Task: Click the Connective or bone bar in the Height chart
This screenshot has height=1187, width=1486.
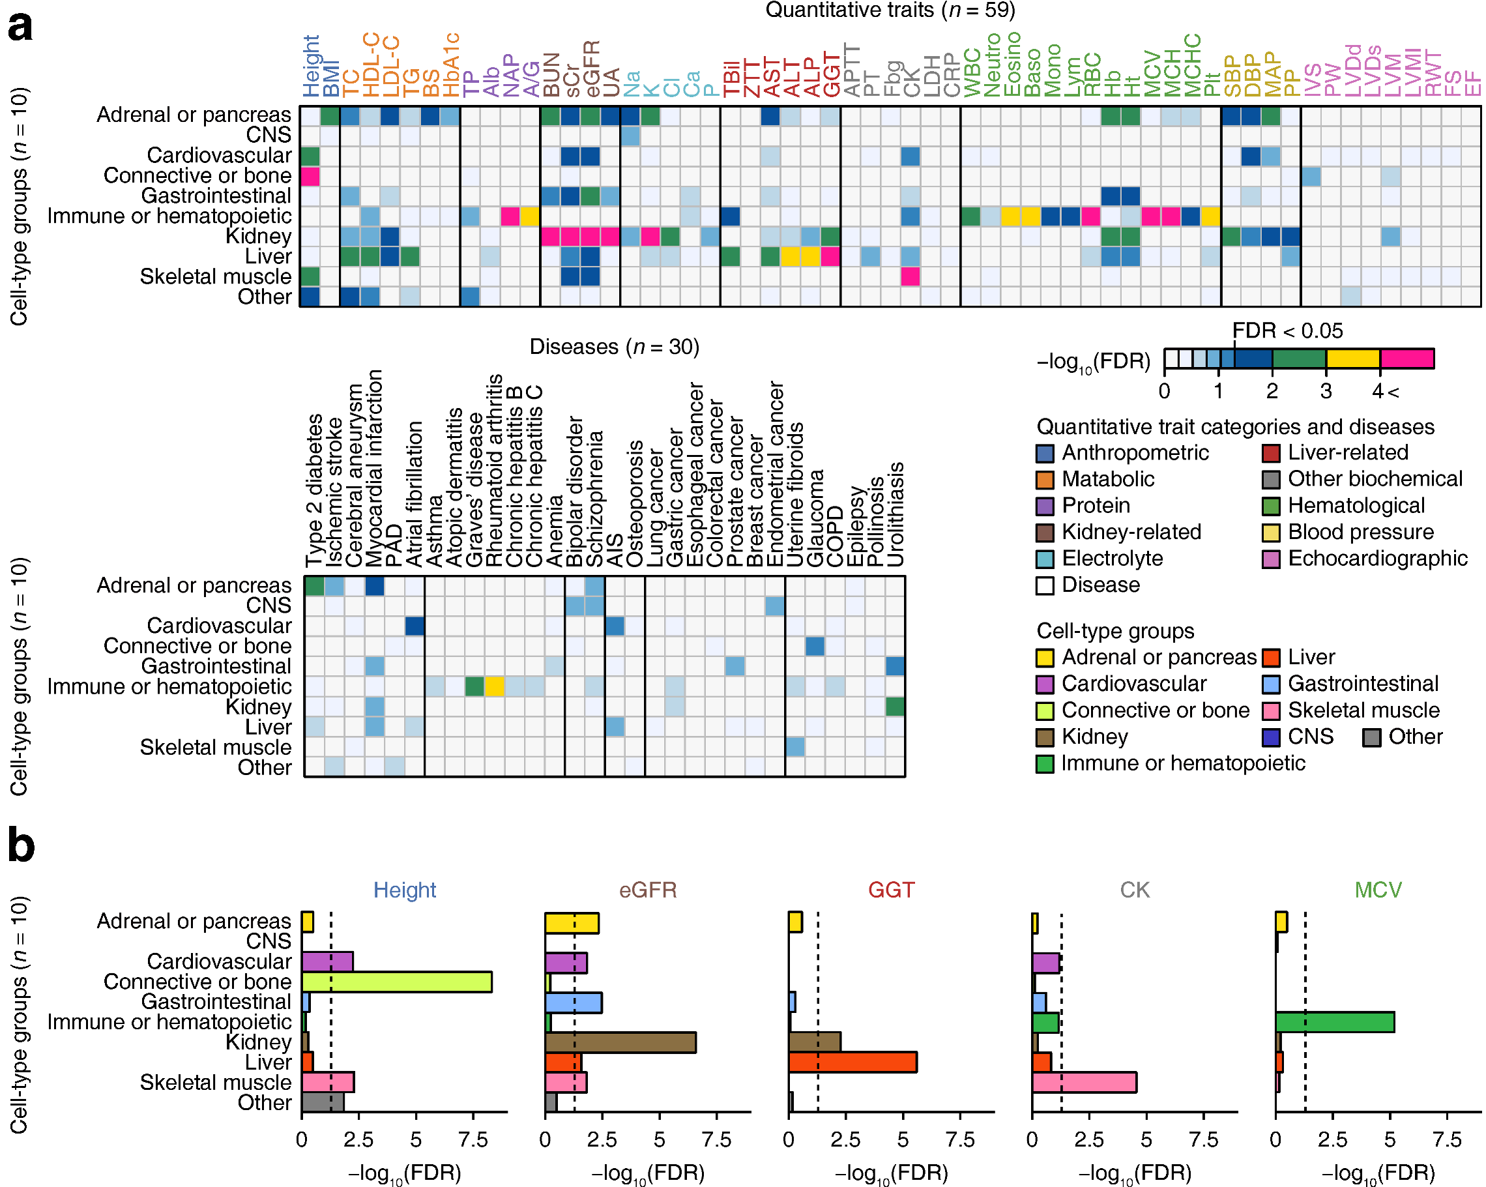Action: pyautogui.click(x=396, y=982)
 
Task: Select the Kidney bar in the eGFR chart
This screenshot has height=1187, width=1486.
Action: pyautogui.click(x=620, y=1042)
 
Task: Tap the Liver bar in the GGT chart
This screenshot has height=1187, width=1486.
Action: pyautogui.click(x=852, y=1062)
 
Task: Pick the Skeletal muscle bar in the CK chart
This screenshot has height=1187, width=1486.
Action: pyautogui.click(x=1084, y=1082)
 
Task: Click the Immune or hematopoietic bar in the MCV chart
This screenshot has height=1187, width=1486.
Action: pyautogui.click(x=1335, y=1021)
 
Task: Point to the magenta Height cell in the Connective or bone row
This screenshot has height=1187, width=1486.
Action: pyautogui.click(x=310, y=176)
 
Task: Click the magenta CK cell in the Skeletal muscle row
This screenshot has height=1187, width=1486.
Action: pyautogui.click(x=911, y=276)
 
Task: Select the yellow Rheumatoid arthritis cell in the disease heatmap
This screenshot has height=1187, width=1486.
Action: pyautogui.click(x=494, y=686)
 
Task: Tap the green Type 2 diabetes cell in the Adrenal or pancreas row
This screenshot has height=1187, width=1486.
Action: pyautogui.click(x=314, y=586)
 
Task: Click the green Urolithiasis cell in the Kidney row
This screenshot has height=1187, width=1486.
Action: pyautogui.click(x=896, y=707)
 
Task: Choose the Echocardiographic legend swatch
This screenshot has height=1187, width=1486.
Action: pyautogui.click(x=1271, y=559)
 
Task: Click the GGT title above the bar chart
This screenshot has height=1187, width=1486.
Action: pyautogui.click(x=891, y=890)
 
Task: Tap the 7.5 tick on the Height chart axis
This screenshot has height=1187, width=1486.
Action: pyautogui.click(x=473, y=1139)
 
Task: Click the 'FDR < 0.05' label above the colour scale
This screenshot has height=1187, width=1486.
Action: pyautogui.click(x=1287, y=331)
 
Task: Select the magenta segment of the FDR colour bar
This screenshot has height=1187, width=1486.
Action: pyautogui.click(x=1406, y=359)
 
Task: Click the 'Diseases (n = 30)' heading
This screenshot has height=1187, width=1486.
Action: pyautogui.click(x=614, y=347)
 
